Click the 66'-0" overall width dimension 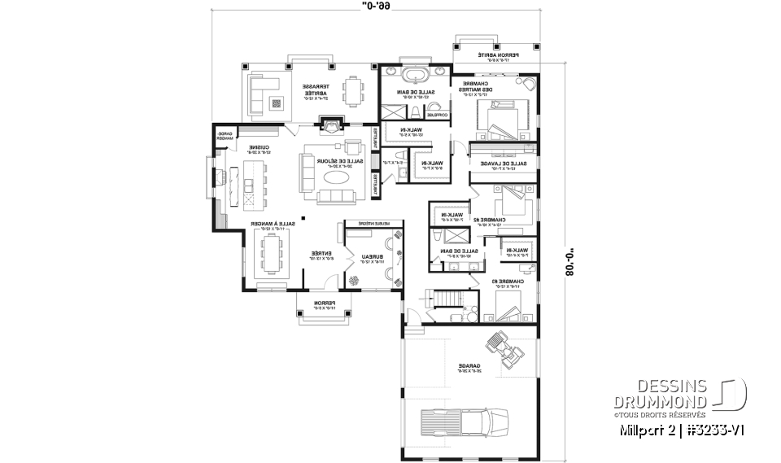[382, 7]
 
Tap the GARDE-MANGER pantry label [224, 135]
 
